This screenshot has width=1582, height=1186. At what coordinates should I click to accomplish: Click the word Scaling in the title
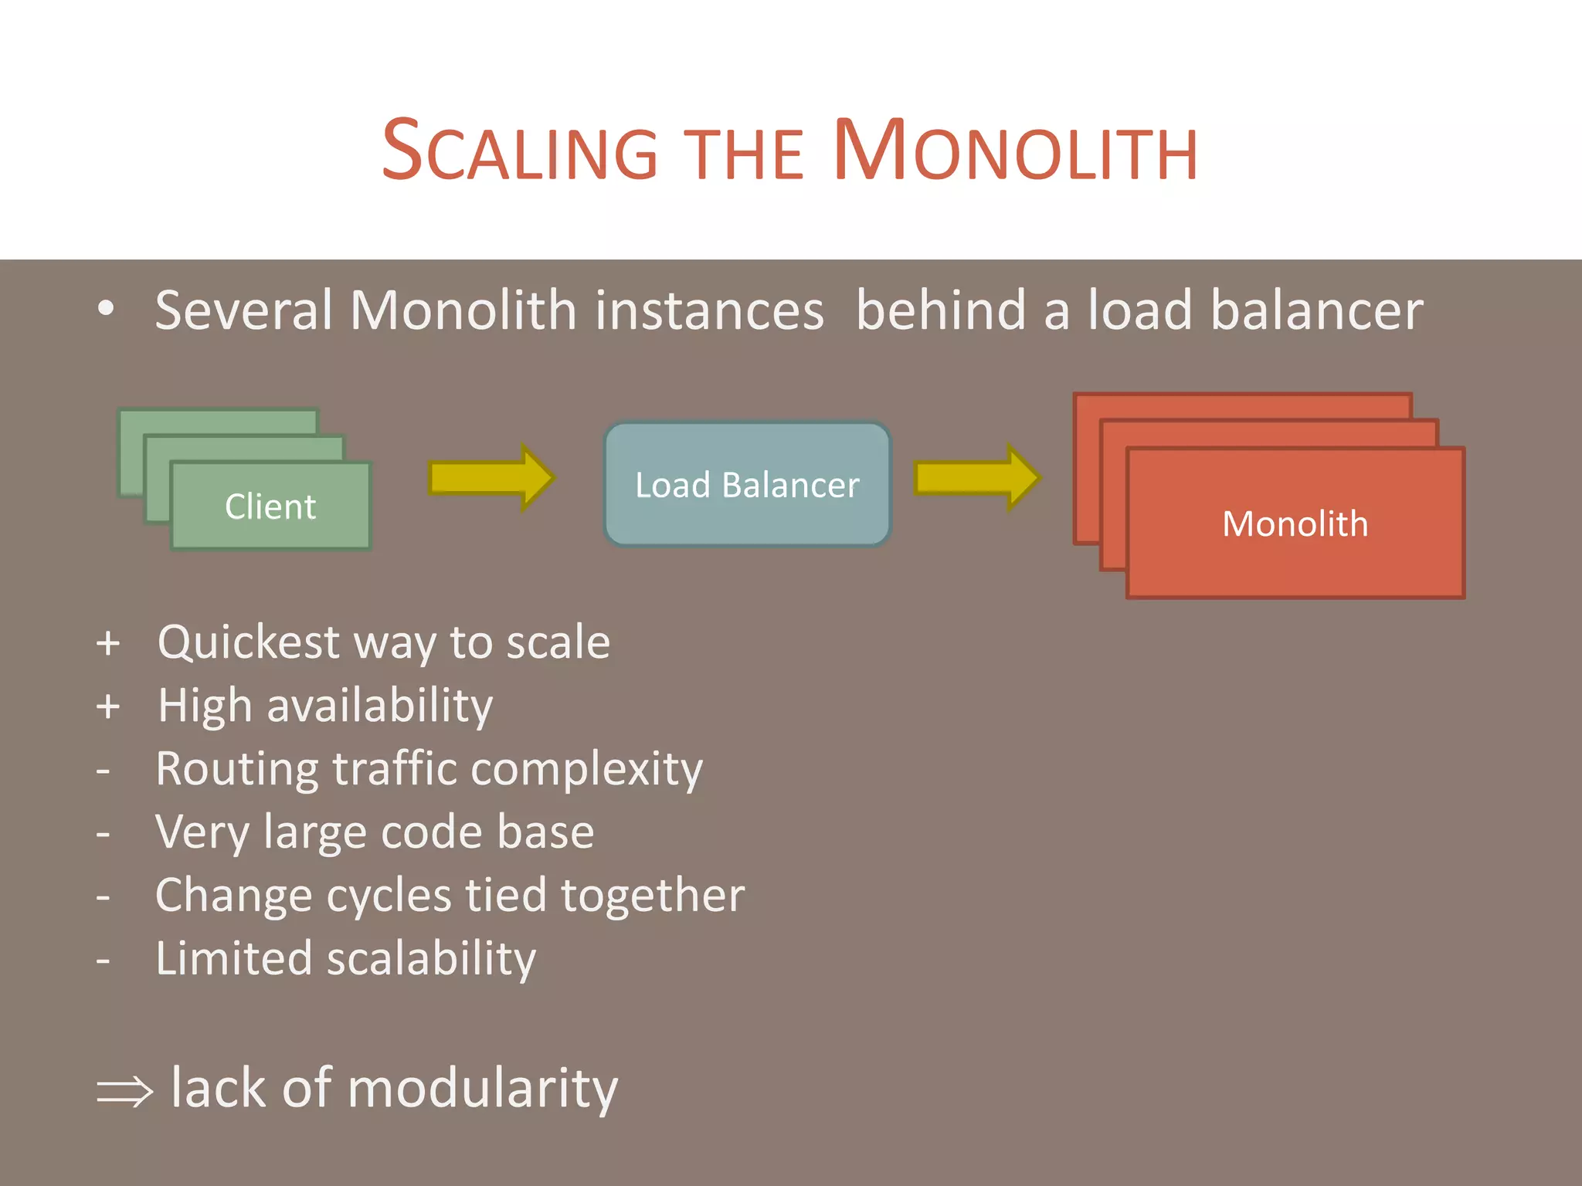click(x=519, y=151)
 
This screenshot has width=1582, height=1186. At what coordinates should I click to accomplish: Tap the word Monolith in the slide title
click(x=1015, y=151)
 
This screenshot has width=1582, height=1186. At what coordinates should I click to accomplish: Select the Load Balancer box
click(x=747, y=485)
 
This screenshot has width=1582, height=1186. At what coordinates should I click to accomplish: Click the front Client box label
click(x=270, y=507)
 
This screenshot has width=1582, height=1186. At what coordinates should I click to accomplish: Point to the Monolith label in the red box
click(x=1295, y=524)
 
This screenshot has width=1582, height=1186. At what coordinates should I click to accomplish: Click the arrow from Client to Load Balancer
click(x=491, y=478)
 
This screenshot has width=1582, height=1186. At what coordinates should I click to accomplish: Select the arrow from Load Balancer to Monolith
click(x=976, y=478)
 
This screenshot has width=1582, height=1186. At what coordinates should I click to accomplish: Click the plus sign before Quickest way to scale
click(x=108, y=643)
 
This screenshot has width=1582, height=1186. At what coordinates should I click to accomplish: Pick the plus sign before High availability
click(x=108, y=707)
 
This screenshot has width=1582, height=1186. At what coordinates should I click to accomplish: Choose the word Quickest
click(x=248, y=643)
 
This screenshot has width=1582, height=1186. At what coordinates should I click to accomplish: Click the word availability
click(x=379, y=707)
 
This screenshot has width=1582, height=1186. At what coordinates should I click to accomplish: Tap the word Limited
click(x=233, y=960)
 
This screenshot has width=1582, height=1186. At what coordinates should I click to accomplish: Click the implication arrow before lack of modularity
click(x=124, y=1091)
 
